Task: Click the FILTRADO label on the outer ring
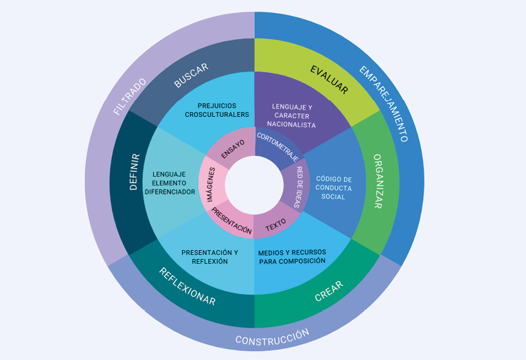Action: click(x=130, y=96)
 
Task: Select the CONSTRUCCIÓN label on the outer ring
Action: click(x=272, y=337)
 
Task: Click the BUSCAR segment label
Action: click(x=191, y=76)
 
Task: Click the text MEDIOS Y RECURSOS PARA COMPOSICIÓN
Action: click(x=292, y=257)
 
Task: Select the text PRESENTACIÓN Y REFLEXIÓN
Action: click(x=209, y=257)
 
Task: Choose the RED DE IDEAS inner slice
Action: click(x=295, y=186)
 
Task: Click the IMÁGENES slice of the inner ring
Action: click(x=211, y=184)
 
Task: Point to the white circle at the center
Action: click(x=254, y=185)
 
